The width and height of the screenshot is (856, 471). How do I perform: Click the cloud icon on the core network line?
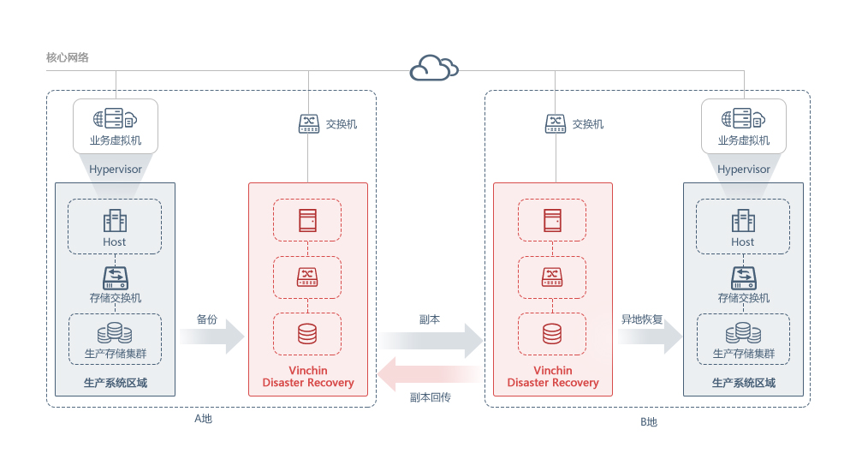[434, 68]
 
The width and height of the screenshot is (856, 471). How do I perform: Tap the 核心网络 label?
[67, 57]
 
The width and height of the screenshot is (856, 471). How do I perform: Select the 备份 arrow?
[212, 337]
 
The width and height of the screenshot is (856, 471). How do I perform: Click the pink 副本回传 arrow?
[431, 374]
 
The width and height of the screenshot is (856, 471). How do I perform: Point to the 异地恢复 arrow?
[651, 337]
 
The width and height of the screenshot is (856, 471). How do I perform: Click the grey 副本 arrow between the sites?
[431, 341]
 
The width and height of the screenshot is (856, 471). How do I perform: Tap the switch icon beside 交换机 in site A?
[309, 123]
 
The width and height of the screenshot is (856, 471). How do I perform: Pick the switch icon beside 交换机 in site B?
[556, 123]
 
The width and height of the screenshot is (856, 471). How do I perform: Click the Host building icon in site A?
[115, 221]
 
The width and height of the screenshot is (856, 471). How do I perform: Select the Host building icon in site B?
[743, 221]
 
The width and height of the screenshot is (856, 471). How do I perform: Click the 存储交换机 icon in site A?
[116, 277]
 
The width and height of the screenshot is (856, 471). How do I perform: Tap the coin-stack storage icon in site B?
[743, 333]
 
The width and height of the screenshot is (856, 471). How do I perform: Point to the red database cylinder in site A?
[307, 334]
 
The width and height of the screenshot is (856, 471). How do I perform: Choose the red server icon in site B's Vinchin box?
[552, 221]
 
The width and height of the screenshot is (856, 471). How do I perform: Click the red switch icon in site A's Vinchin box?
[307, 277]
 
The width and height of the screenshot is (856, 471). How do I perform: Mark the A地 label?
[203, 419]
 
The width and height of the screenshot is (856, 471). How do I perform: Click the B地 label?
[649, 422]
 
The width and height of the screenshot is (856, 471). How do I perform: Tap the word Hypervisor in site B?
[744, 170]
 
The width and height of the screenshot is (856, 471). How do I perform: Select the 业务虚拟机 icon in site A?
[116, 118]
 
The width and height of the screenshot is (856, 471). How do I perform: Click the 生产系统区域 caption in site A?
[116, 383]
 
